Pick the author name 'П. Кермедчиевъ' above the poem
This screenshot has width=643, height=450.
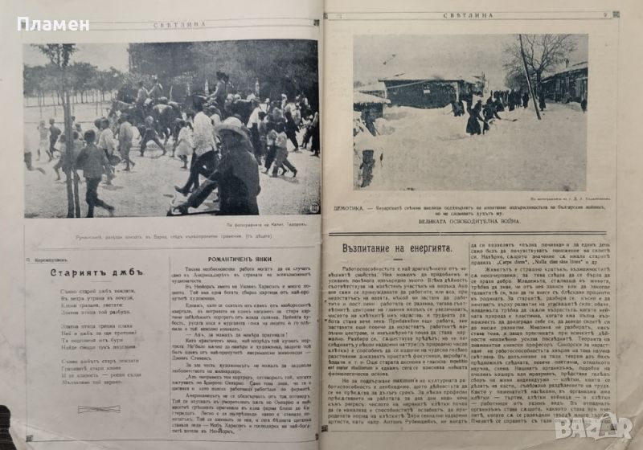(51, 262)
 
